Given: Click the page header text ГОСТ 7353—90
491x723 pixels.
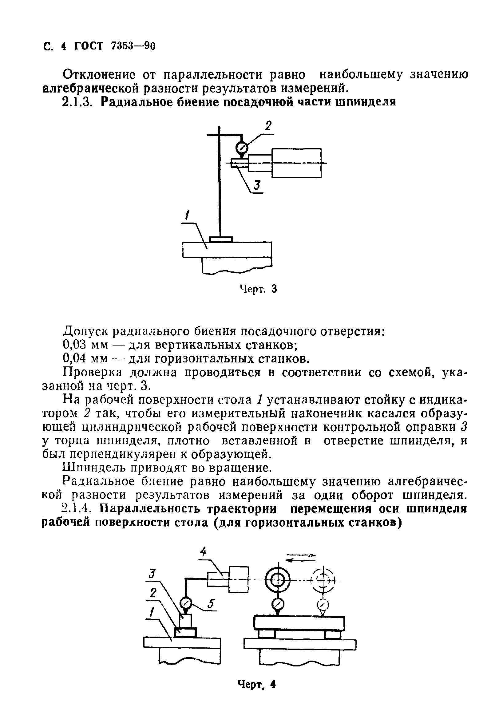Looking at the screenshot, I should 114,46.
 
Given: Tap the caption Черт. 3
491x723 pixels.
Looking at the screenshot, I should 258,289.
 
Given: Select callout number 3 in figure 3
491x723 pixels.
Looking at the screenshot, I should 257,185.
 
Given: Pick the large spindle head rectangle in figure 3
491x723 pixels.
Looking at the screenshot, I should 296,163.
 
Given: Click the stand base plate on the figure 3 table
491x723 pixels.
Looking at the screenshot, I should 221,239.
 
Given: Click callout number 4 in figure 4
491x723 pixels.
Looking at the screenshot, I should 203,552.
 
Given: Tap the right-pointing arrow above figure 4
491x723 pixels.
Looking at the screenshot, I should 300,555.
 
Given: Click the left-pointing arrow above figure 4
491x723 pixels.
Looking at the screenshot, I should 300,560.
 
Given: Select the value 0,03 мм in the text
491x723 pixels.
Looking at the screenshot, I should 85,345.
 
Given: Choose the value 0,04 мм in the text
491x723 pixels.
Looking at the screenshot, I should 85,359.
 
